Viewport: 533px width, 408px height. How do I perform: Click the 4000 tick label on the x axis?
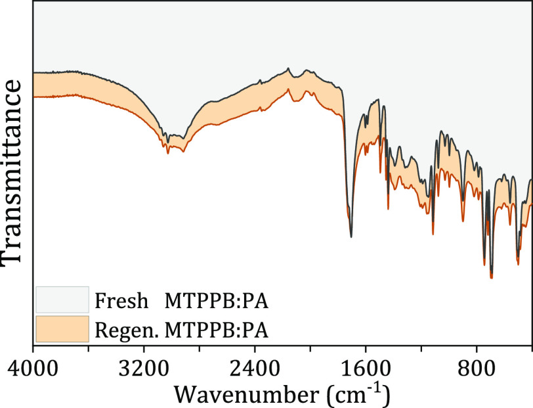[x=33, y=366]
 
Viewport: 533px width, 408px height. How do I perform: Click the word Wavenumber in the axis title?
[x=247, y=394]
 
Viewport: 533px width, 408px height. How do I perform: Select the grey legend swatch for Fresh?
[x=62, y=299]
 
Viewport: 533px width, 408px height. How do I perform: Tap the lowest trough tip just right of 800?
[x=491, y=277]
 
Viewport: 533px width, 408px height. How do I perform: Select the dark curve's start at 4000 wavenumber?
[x=34, y=72]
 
